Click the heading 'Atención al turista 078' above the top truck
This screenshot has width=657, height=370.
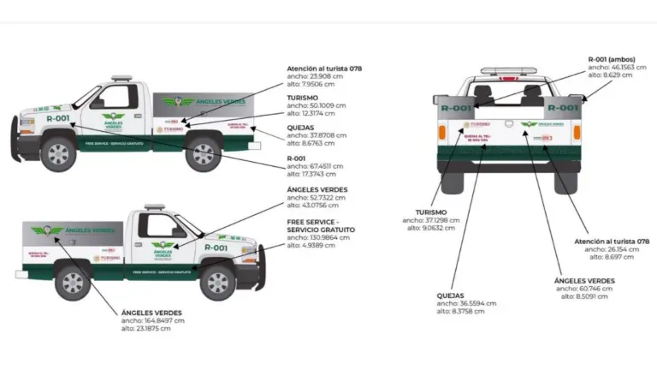(326, 68)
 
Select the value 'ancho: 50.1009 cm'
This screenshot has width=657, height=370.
(317, 105)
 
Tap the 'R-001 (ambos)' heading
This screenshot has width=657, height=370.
(612, 59)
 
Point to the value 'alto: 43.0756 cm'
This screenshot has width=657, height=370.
(316, 205)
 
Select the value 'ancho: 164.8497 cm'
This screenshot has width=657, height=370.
(152, 320)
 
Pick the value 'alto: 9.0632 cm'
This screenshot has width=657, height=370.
(431, 228)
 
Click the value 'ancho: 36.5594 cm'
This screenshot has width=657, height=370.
(466, 303)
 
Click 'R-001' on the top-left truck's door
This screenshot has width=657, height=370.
(58, 118)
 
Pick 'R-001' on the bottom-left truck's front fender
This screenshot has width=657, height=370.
(216, 248)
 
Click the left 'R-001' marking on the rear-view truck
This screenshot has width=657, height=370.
(456, 109)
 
